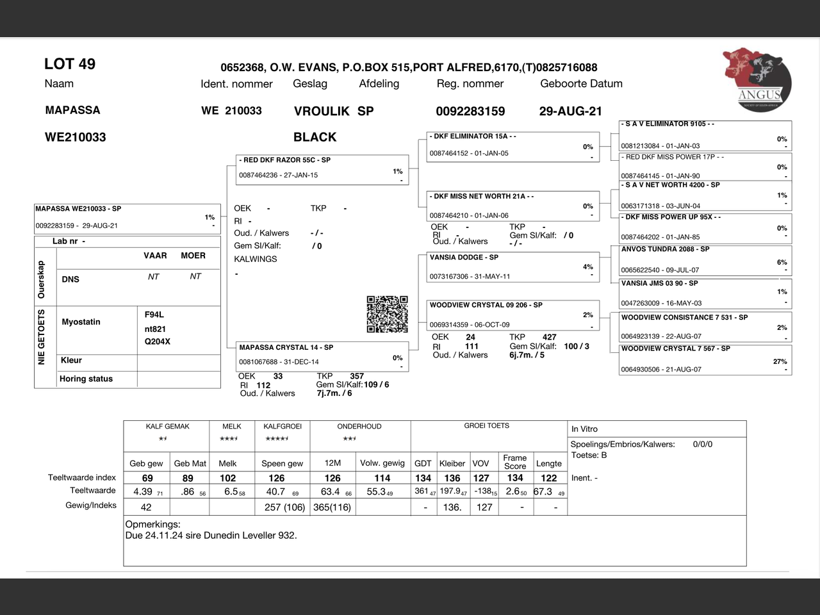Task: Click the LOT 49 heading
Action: pyautogui.click(x=70, y=64)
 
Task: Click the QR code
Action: pyautogui.click(x=387, y=314)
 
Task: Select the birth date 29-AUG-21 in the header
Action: pyautogui.click(x=571, y=111)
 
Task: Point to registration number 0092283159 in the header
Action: pyautogui.click(x=470, y=111)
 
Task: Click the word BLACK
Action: pyautogui.click(x=315, y=137)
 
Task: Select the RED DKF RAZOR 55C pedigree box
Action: pyautogui.click(x=322, y=169)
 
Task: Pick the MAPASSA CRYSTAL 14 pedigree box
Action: pyautogui.click(x=322, y=356)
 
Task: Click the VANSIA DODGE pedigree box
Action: pyautogui.click(x=513, y=266)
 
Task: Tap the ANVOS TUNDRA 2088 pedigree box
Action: pyautogui.click(x=705, y=259)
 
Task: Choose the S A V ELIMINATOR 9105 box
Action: pyautogui.click(x=705, y=135)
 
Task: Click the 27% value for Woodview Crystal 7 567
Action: pyautogui.click(x=780, y=361)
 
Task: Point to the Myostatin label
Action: pyautogui.click(x=81, y=322)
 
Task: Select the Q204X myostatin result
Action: pyautogui.click(x=158, y=341)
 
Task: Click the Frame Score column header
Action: pyautogui.click(x=515, y=462)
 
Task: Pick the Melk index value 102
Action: pyautogui.click(x=227, y=478)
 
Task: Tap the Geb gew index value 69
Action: pyautogui.click(x=147, y=478)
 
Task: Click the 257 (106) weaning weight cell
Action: pyautogui.click(x=276, y=507)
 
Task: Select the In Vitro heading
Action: pyautogui.click(x=584, y=429)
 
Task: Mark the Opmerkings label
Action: pyautogui.click(x=152, y=524)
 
